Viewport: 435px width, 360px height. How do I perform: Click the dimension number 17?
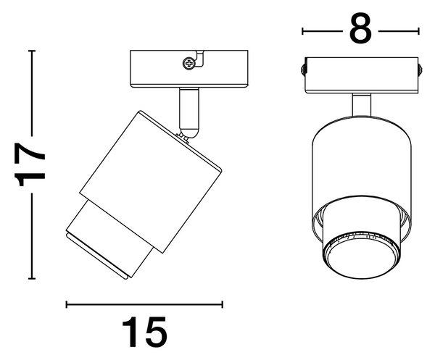(x=30, y=164)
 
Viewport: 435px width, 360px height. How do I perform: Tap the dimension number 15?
(x=144, y=332)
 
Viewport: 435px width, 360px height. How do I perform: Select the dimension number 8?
(x=360, y=28)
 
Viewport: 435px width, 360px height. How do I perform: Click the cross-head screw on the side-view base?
(x=189, y=64)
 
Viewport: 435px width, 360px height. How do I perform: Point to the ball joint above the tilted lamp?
(x=188, y=133)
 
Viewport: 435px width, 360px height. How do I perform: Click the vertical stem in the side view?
(x=189, y=109)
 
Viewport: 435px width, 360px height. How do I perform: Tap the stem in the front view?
(x=362, y=105)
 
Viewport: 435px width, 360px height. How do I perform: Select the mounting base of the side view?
(x=189, y=69)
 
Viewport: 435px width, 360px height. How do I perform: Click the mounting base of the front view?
(x=362, y=75)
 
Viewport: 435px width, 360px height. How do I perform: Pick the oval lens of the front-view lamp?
(x=362, y=260)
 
